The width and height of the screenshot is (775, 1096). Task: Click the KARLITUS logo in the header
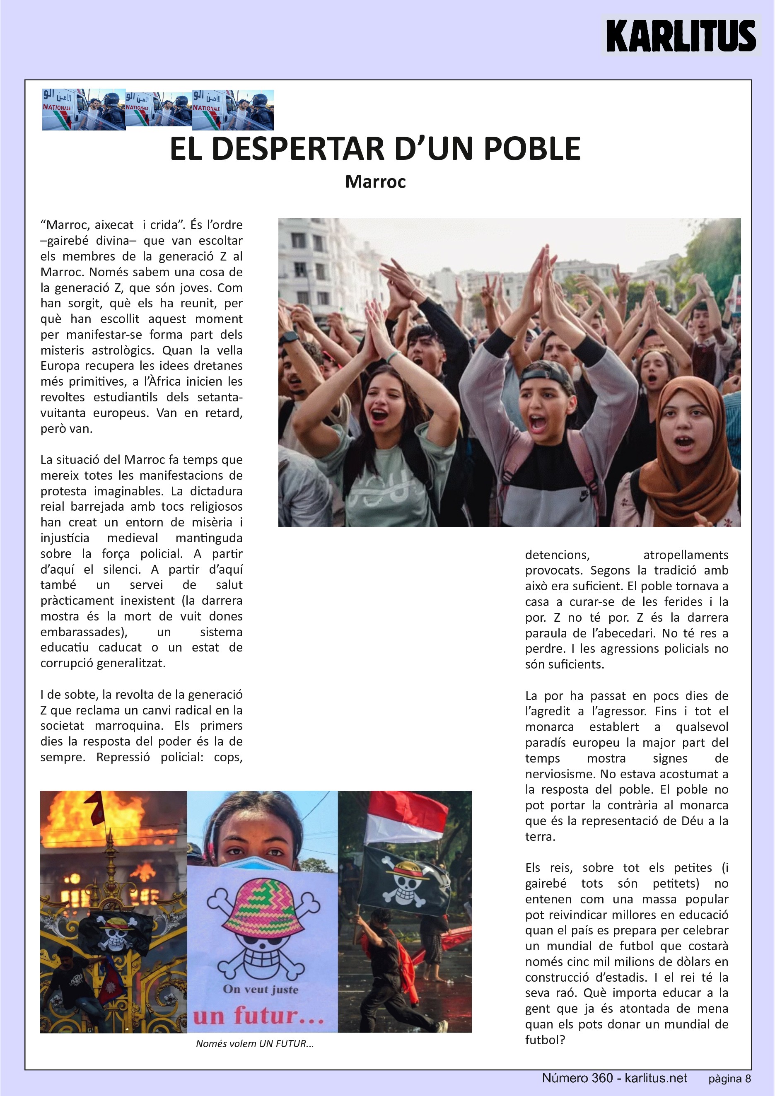(681, 36)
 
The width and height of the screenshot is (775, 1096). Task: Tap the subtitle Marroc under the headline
(375, 182)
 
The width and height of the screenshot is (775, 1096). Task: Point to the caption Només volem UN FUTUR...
(255, 1043)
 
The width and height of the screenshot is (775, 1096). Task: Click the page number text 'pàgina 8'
(729, 1079)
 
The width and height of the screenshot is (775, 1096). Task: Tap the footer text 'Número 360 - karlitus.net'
(614, 1078)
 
